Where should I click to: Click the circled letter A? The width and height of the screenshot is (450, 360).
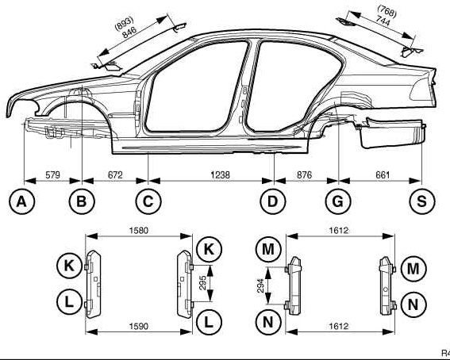21,201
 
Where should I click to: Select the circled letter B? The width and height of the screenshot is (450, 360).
82,201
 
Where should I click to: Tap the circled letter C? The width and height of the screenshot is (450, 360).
148,201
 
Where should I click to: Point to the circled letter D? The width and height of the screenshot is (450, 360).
273,201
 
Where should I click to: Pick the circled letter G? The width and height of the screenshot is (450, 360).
338,201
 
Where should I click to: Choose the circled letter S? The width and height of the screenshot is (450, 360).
422,201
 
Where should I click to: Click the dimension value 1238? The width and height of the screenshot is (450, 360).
220,174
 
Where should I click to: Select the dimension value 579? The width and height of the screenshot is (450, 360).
53,174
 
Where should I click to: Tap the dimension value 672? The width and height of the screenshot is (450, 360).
115,174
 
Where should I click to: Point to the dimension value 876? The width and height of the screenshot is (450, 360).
304,174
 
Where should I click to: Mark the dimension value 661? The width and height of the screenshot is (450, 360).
383,174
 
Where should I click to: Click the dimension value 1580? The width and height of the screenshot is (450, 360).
139,230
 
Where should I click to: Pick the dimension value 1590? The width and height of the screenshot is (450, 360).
139,326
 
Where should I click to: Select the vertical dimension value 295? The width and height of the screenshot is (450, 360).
202,283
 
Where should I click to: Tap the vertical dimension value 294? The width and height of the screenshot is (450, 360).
260,285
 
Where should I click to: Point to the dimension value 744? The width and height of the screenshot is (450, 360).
383,21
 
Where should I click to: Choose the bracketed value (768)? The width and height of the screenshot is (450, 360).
387,11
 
